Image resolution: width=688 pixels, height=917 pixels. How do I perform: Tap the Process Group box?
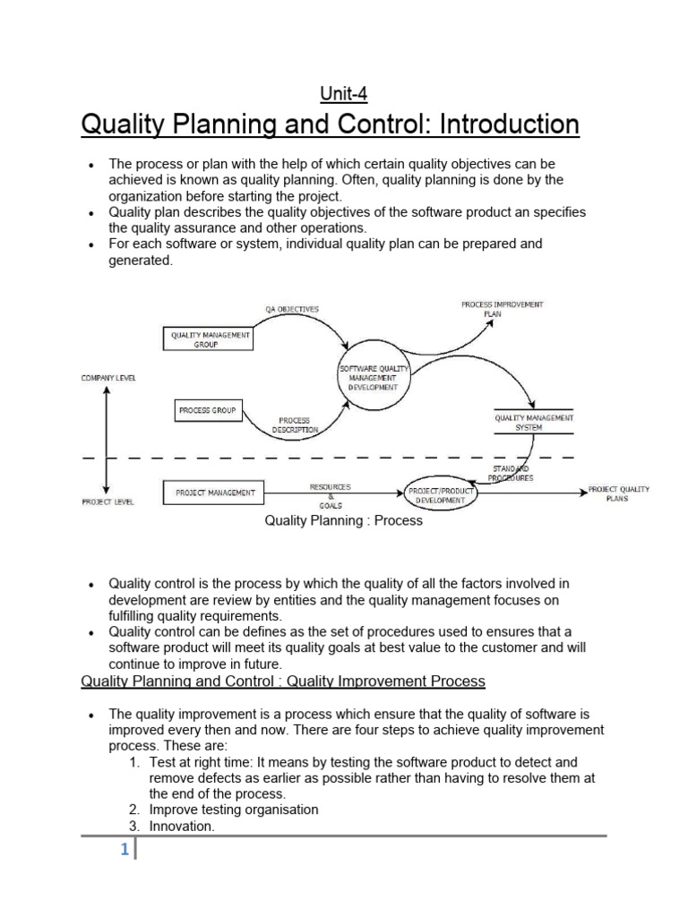(x=207, y=410)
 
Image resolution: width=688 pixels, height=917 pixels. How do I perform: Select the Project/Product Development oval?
(x=436, y=495)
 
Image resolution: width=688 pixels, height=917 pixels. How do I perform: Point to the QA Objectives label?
(x=291, y=309)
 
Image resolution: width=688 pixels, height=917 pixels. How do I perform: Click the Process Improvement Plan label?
(x=502, y=309)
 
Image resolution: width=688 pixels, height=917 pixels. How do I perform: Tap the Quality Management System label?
(x=535, y=422)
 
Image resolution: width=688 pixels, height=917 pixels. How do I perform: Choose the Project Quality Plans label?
(x=618, y=493)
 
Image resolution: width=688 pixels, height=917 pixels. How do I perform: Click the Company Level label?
(x=108, y=379)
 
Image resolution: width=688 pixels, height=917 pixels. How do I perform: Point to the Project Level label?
(x=107, y=502)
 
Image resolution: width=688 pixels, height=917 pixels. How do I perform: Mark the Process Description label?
(x=295, y=424)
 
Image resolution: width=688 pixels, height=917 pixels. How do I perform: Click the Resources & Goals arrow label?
(x=330, y=493)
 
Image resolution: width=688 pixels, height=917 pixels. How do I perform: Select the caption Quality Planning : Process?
(x=343, y=520)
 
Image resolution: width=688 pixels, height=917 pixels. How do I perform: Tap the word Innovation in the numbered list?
(x=182, y=827)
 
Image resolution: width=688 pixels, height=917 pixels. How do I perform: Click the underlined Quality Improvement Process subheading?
(x=283, y=681)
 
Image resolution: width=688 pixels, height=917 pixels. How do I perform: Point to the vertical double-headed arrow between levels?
(x=107, y=440)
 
